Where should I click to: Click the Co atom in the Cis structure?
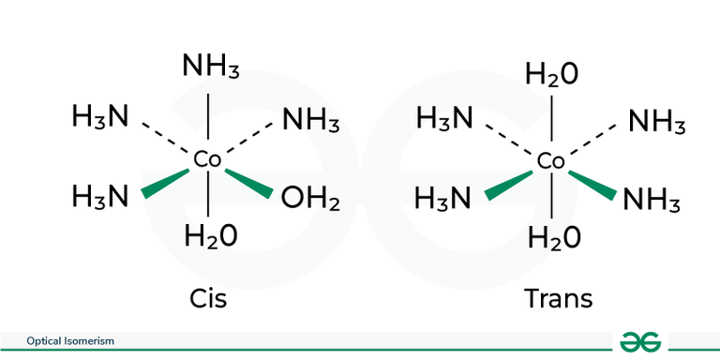coord(207,160)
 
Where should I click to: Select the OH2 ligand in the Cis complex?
coord(309,198)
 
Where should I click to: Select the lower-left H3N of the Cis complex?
coord(100,197)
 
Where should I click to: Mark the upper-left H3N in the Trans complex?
coord(444,119)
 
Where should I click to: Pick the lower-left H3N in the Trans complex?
coord(444,199)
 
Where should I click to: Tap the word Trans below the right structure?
coord(558,299)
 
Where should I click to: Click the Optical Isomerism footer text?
coord(70,341)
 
